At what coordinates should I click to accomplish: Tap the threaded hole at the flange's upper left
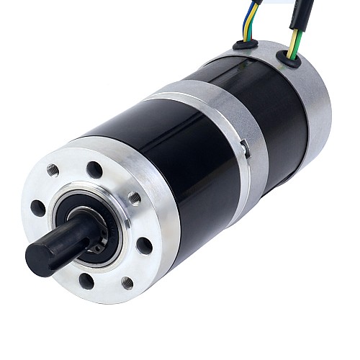[x=53, y=170]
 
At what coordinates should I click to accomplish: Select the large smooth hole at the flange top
[x=94, y=170]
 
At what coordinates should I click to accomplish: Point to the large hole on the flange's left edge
[x=38, y=208]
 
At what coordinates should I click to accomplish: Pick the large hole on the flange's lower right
[x=145, y=246]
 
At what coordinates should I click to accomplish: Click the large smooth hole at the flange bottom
[x=86, y=281]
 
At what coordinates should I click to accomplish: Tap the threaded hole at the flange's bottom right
[x=127, y=283]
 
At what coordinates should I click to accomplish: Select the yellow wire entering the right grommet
[x=291, y=48]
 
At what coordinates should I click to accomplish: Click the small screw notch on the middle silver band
[x=245, y=149]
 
